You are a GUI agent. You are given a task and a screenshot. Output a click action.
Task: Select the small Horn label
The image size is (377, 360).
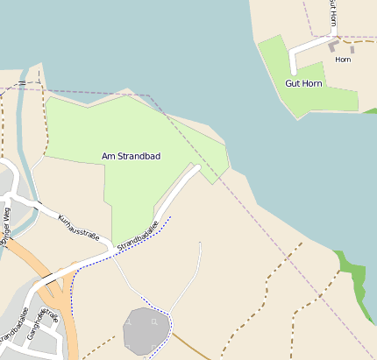pyautogui.click(x=343, y=60)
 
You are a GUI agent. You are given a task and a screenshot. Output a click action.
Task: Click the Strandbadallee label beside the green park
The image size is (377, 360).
pyautogui.click(x=138, y=234)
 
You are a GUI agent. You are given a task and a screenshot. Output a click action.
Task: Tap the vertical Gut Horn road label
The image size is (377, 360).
pyautogui.click(x=333, y=15)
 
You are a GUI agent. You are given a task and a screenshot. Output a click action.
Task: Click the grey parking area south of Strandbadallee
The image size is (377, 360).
pyautogui.click(x=146, y=330)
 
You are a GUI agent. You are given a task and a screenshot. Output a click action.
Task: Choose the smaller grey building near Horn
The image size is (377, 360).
pyautogui.click(x=352, y=49)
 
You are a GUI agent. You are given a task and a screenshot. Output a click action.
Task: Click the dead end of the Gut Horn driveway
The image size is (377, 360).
pyautogui.click(x=294, y=70)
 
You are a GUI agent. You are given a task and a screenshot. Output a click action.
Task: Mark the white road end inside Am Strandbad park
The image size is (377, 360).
pyautogui.click(x=197, y=167)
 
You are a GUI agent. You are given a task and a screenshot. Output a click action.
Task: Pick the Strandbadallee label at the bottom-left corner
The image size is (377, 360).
pyautogui.click(x=16, y=328)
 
